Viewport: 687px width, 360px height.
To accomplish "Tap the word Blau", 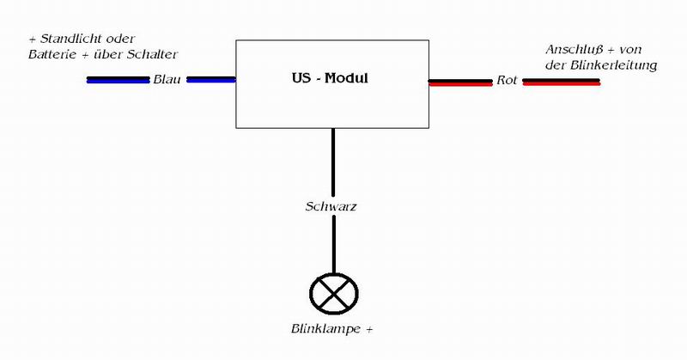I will [x=167, y=81].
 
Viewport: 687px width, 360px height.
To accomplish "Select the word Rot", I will [x=506, y=82].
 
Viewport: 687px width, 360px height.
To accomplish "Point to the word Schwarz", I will [x=330, y=207].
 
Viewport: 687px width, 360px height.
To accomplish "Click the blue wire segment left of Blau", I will [x=118, y=80].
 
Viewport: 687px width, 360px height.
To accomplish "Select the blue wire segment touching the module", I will [x=210, y=80].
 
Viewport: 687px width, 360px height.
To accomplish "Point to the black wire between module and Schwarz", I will [x=331, y=163].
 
